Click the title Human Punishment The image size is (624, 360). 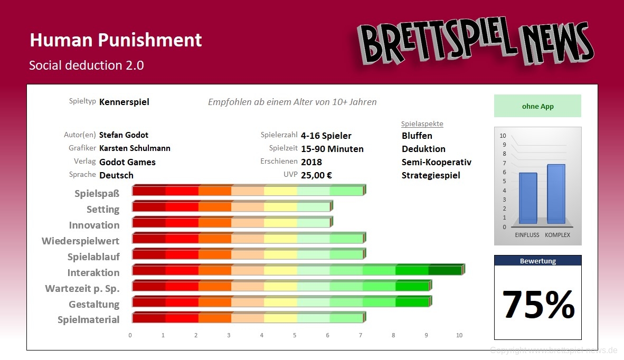(116, 40)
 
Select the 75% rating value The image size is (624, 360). (538, 305)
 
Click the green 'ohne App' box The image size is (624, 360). (537, 106)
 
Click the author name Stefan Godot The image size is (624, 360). (124, 135)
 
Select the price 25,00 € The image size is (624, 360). (316, 175)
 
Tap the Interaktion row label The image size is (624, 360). (93, 273)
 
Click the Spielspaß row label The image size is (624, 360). (97, 194)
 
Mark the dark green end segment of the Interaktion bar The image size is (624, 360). (445, 270)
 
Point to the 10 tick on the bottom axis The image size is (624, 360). (459, 335)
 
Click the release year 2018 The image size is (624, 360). (311, 162)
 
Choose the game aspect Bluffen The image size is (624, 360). (417, 136)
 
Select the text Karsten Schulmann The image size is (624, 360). (135, 148)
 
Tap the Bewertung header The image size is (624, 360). (537, 261)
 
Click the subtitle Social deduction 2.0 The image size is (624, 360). (87, 65)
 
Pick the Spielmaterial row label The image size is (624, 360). (88, 320)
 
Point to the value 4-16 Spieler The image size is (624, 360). (326, 136)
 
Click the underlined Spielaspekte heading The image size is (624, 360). (422, 124)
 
